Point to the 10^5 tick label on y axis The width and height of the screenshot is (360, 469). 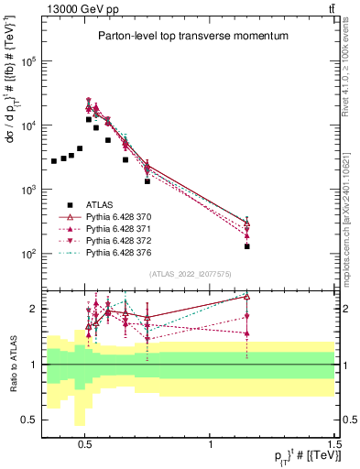click(28, 61)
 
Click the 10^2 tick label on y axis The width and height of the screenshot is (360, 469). click(28, 254)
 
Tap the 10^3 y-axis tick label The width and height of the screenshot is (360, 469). click(28, 190)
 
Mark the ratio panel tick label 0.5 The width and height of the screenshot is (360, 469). click(29, 420)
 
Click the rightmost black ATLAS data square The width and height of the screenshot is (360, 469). click(247, 246)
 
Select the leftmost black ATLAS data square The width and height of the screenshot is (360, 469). click(54, 161)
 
